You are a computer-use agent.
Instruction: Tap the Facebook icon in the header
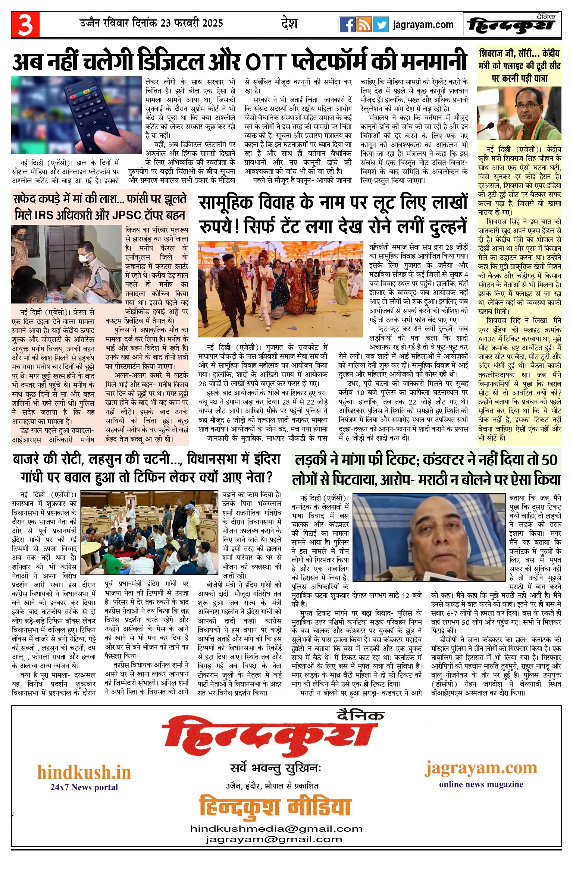click(347, 25)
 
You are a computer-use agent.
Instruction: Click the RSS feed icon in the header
click(364, 25)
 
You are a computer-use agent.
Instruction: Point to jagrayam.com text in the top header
click(423, 25)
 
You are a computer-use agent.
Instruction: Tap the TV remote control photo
click(76, 115)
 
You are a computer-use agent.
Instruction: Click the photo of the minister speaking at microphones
click(519, 113)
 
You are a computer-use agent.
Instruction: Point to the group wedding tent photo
click(280, 289)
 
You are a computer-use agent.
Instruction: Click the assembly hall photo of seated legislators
click(149, 533)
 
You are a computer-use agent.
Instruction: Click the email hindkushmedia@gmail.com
click(276, 828)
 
